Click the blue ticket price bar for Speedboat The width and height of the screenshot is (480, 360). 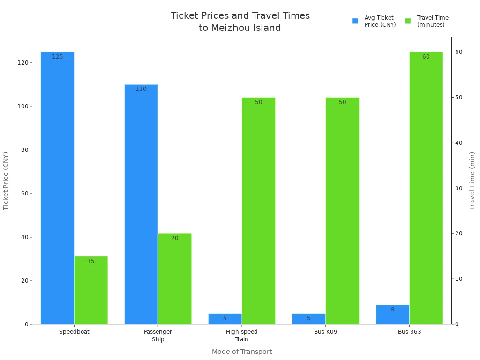[x=57, y=187]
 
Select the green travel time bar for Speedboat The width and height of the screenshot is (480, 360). [x=91, y=290]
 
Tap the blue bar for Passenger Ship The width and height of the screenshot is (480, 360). [x=141, y=204]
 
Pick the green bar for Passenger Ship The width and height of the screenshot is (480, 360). [x=175, y=279]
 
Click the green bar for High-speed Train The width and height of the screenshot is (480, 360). [x=259, y=211]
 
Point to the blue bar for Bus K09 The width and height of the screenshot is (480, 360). [x=308, y=319]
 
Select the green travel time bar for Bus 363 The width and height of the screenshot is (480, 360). [x=426, y=187]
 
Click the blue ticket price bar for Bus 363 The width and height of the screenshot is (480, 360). [x=392, y=315]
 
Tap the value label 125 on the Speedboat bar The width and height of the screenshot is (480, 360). [x=57, y=57]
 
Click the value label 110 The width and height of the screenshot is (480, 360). [x=141, y=89]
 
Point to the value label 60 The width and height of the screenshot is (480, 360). [x=426, y=57]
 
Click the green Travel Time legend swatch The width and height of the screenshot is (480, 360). [x=408, y=21]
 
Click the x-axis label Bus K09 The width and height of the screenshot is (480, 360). [x=326, y=332]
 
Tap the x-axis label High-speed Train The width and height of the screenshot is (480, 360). [x=242, y=336]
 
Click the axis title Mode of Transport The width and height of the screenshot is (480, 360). [x=242, y=352]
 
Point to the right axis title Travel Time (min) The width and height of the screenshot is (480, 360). [x=472, y=180]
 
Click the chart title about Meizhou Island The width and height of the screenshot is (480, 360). [x=240, y=22]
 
